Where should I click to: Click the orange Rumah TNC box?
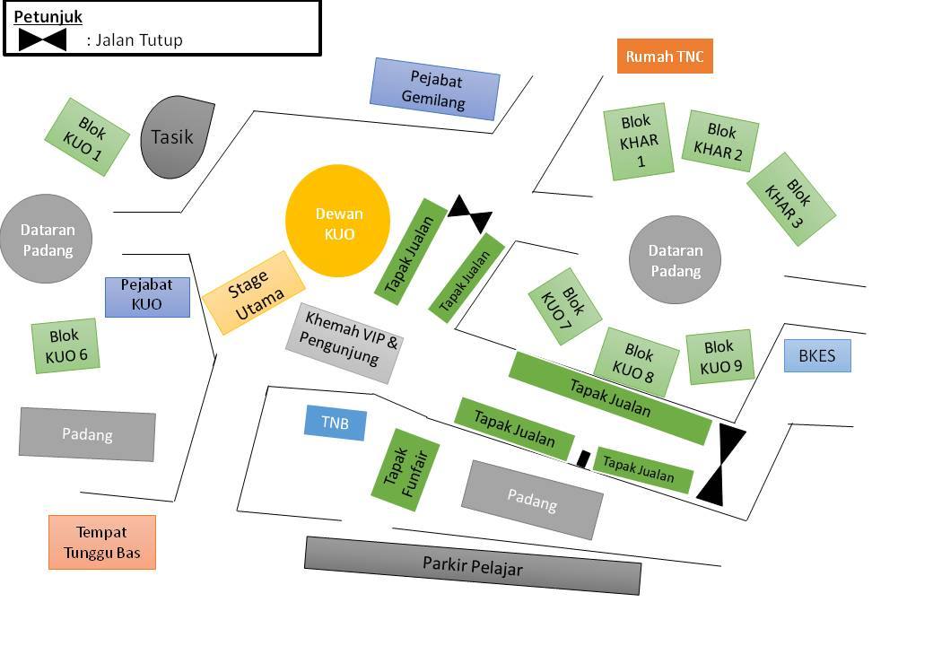[665, 57]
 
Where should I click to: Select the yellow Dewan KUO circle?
[338, 221]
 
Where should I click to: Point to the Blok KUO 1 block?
[87, 136]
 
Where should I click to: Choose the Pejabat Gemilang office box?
[435, 89]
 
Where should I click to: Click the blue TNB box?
[335, 423]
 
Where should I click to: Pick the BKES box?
[817, 355]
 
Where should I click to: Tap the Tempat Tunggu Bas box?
[101, 543]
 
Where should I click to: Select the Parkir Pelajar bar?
[473, 565]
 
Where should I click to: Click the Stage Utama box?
[254, 292]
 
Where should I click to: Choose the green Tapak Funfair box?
[405, 470]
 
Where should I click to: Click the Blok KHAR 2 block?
[720, 141]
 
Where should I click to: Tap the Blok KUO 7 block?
[564, 306]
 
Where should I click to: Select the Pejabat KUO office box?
[147, 297]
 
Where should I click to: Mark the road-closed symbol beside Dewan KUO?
[470, 214]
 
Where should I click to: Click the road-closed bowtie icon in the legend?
[42, 39]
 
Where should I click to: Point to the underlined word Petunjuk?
[48, 17]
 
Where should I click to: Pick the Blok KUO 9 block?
[720, 356]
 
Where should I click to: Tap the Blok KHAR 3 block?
[791, 198]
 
